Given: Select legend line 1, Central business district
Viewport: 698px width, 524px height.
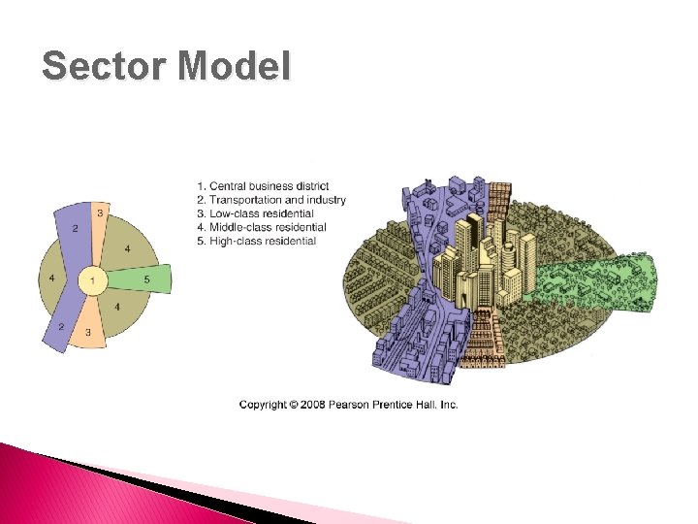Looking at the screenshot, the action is tap(263, 186).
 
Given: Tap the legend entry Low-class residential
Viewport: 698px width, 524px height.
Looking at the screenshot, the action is tap(256, 213).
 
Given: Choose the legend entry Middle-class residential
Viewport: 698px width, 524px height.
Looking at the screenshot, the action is tap(261, 227).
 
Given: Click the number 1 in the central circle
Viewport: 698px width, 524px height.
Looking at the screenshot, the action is tap(93, 281).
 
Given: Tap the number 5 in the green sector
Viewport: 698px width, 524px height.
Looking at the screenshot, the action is tap(146, 280).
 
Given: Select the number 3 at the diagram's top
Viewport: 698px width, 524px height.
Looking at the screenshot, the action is tap(99, 213).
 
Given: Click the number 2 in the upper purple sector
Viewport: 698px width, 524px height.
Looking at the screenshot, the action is tap(74, 229).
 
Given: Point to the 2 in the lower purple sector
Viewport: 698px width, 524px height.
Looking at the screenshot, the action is tap(60, 327).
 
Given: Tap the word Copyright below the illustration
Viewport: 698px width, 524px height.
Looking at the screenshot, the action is tap(263, 405).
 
